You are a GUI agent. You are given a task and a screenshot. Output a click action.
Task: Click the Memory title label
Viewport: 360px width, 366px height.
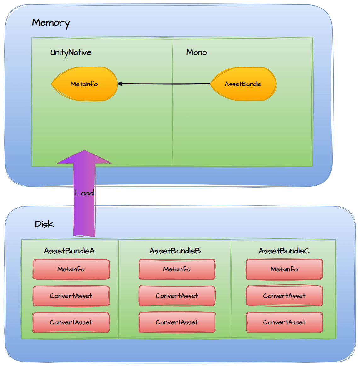51,23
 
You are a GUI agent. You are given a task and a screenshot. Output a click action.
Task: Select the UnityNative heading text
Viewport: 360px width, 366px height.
71,52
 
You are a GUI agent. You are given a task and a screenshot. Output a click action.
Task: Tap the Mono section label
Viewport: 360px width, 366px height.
197,52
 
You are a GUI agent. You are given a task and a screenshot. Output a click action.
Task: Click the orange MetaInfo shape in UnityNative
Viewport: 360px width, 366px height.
84,84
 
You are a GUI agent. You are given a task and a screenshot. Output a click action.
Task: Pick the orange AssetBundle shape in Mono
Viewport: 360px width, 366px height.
243,84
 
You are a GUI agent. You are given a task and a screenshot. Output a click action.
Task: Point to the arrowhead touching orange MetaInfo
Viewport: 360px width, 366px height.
120,84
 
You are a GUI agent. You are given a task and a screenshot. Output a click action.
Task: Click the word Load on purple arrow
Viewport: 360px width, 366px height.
84,193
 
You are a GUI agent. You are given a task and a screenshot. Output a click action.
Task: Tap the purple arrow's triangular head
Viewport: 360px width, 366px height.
84,157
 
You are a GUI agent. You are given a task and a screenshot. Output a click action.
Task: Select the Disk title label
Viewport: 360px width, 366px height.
44,224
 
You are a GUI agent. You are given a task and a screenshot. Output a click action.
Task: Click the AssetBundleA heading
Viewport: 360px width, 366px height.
69,251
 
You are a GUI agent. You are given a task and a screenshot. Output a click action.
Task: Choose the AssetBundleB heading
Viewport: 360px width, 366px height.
175,251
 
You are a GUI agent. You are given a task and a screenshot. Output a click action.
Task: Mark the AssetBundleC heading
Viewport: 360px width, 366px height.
284,251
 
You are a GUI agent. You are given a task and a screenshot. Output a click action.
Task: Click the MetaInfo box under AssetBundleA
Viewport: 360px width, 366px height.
71,269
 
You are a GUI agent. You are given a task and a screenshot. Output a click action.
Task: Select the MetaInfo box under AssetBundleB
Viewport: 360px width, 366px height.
177,269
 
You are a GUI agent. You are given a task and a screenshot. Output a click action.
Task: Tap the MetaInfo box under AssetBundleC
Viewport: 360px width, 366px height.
284,269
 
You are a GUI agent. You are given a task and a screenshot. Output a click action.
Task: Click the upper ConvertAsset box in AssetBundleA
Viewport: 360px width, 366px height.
71,296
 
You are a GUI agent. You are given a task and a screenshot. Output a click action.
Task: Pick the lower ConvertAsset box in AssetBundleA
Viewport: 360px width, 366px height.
71,322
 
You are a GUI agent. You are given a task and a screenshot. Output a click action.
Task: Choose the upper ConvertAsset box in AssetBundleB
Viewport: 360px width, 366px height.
177,296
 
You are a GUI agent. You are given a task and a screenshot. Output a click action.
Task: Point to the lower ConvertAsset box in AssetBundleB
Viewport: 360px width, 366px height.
177,322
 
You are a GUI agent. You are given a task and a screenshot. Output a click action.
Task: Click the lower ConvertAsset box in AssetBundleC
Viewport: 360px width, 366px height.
284,322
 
